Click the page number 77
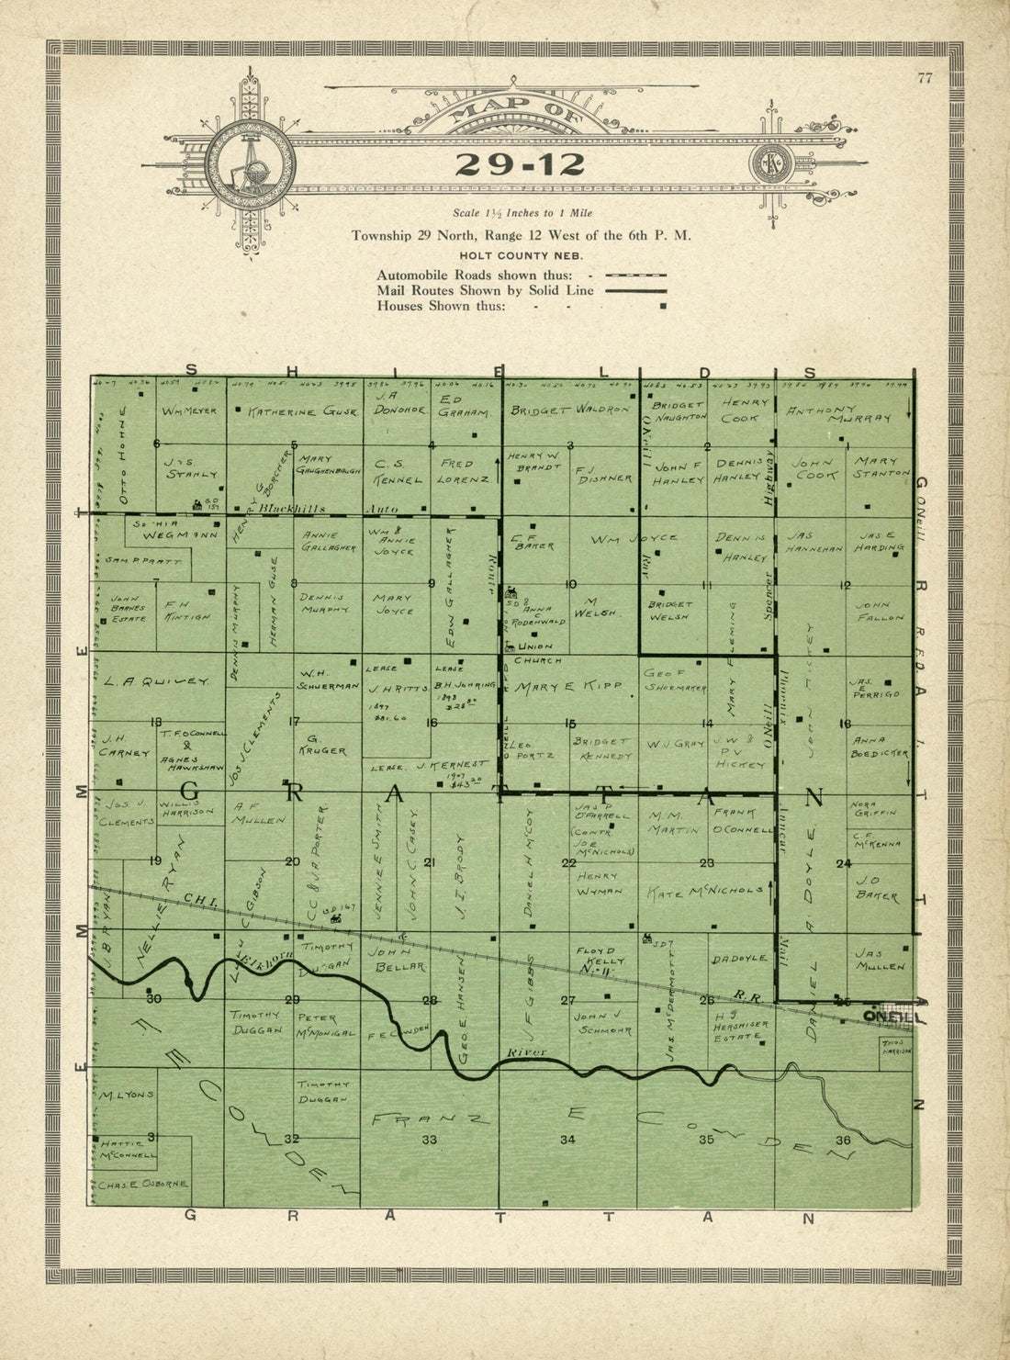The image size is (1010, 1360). [924, 78]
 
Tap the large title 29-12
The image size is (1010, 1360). [520, 164]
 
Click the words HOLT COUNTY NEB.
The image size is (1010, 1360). [522, 256]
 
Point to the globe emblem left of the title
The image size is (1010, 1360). [250, 164]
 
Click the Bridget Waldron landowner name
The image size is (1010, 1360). [569, 410]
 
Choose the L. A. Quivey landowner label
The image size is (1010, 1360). [156, 681]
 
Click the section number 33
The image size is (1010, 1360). [429, 1140]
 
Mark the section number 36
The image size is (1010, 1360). [843, 1141]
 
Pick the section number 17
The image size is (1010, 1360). [294, 722]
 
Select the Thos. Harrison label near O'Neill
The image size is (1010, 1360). [895, 1048]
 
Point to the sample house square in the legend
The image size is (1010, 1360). [663, 306]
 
